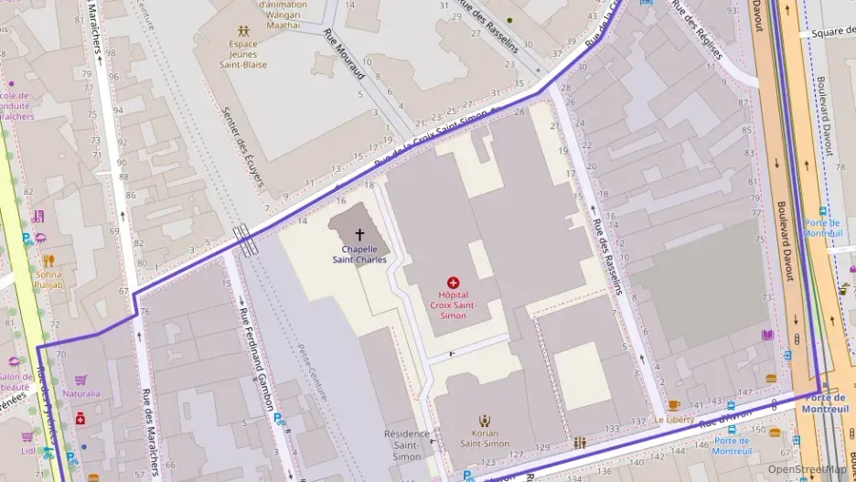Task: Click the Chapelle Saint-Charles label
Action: coord(358,253)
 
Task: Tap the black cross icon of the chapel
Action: coord(358,235)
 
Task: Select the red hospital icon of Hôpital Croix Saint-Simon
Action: coord(453,284)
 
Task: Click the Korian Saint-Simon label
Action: coord(485,438)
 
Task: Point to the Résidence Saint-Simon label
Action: coord(407,445)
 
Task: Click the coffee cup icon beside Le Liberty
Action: coord(674,405)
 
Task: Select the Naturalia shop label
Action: coord(81,394)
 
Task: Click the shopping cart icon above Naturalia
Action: coord(80,380)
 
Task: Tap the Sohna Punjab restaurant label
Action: coord(48,279)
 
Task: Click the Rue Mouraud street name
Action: coord(344,53)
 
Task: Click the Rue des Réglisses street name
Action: coord(697,29)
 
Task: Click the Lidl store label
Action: coord(27,451)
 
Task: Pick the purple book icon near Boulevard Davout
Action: coord(767,335)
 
